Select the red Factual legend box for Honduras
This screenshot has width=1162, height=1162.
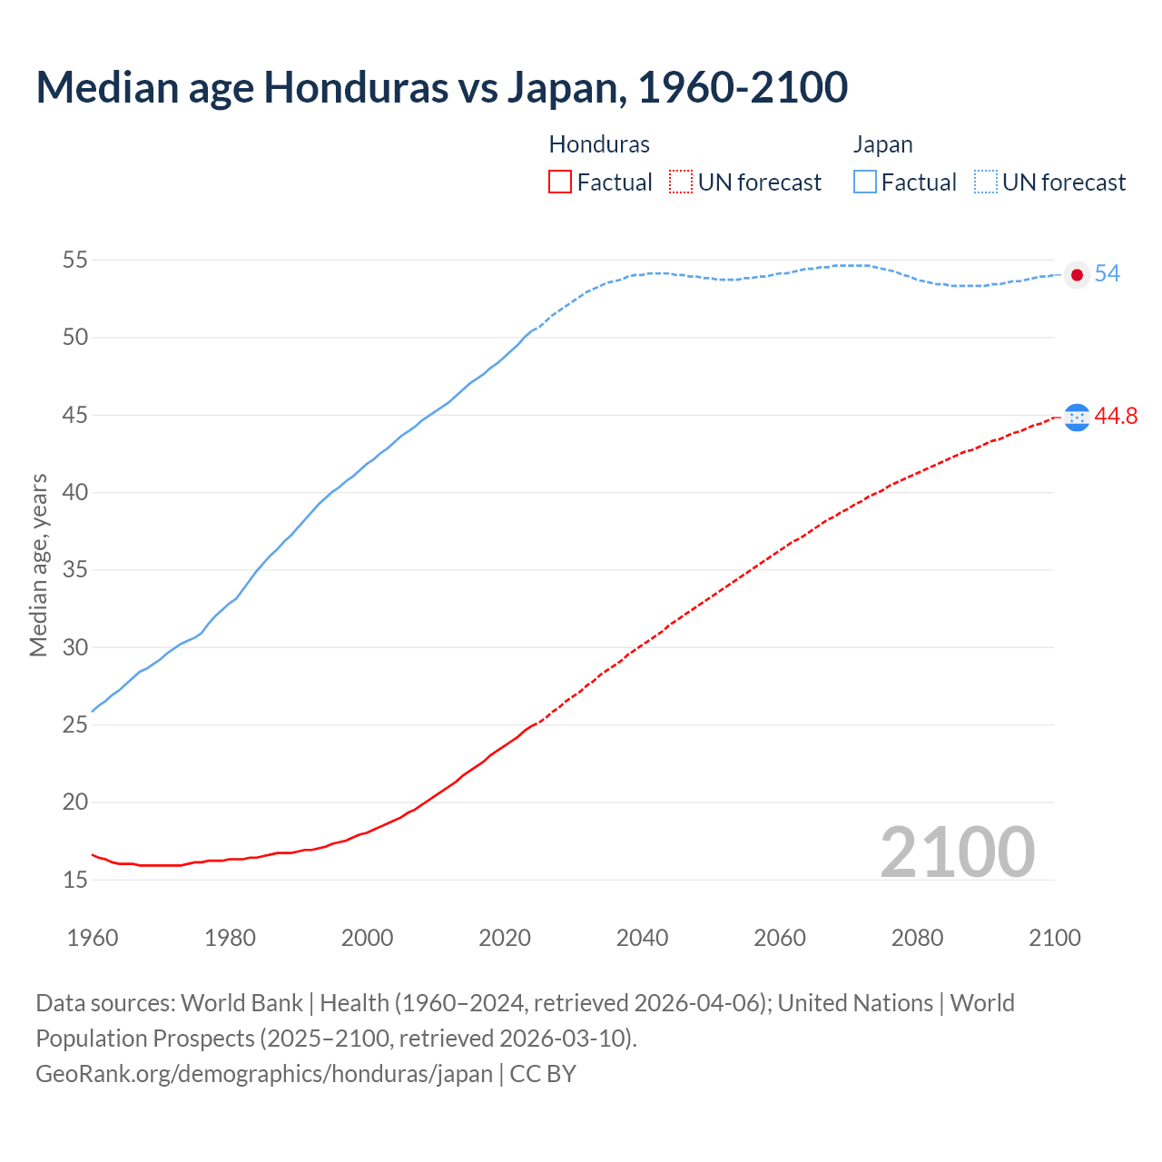tap(560, 182)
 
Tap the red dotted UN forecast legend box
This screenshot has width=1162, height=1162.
tap(681, 182)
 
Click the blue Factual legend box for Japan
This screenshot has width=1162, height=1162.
tap(865, 182)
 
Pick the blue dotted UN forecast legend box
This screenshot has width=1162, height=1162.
tap(986, 182)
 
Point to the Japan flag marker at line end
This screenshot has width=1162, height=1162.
tap(1077, 274)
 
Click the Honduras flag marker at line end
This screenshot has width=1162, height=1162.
tap(1077, 417)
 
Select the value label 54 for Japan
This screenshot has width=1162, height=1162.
tap(1107, 274)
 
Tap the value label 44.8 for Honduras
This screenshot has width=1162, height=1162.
tap(1116, 417)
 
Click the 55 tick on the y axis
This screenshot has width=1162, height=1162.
tap(74, 261)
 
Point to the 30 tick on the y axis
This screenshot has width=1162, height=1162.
tap(74, 648)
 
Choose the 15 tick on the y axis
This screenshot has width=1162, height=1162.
tap(74, 880)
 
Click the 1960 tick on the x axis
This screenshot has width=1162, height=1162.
tap(93, 938)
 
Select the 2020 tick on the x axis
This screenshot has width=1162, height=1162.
tap(505, 938)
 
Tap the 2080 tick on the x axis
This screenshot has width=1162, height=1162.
tap(917, 938)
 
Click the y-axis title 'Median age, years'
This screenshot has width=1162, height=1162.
tap(38, 565)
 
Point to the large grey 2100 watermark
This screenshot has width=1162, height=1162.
tap(958, 852)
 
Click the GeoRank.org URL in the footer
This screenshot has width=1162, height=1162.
tap(263, 1074)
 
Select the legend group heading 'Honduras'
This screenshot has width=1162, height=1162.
tap(599, 144)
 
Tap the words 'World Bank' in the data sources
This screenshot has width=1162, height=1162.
tap(241, 1003)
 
